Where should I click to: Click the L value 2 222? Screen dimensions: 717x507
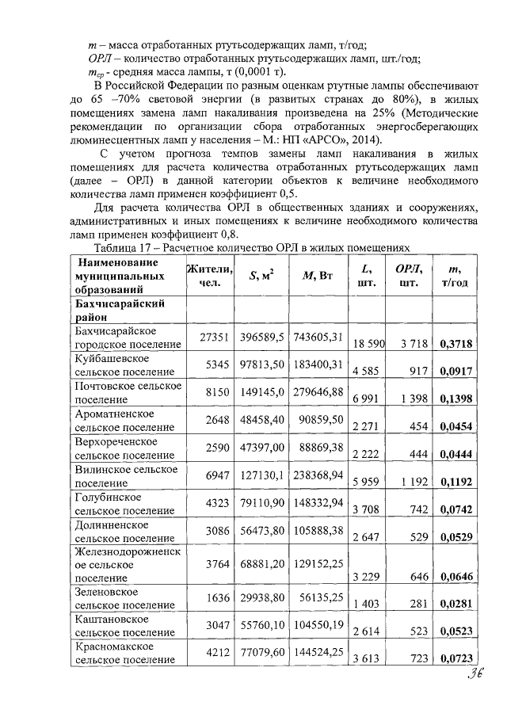tap(367, 455)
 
